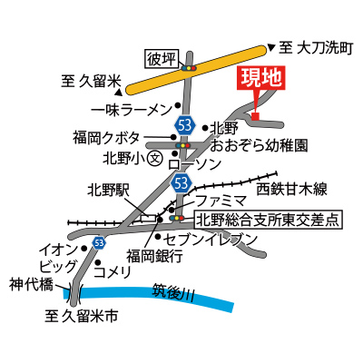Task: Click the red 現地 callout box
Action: pos(263,78)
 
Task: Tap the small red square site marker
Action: pos(256,116)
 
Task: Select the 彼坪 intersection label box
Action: pos(162,59)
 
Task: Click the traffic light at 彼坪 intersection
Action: pos(189,68)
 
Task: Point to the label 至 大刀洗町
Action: pos(316,48)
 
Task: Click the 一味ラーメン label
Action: pos(132,110)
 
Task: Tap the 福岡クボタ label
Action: pos(106,138)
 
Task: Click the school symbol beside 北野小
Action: pos(155,157)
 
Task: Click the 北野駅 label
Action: pos(108,191)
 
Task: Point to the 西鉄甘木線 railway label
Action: pos(291,190)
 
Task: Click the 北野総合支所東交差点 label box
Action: pos(269,220)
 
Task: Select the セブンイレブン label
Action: pos(210,240)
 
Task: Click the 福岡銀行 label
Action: pos(154,257)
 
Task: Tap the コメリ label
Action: pos(113,271)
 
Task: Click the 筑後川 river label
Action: pos(173,292)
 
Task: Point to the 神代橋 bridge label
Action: pos(31,284)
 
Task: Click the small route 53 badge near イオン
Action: pos(99,242)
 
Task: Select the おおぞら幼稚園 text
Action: pos(259,145)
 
